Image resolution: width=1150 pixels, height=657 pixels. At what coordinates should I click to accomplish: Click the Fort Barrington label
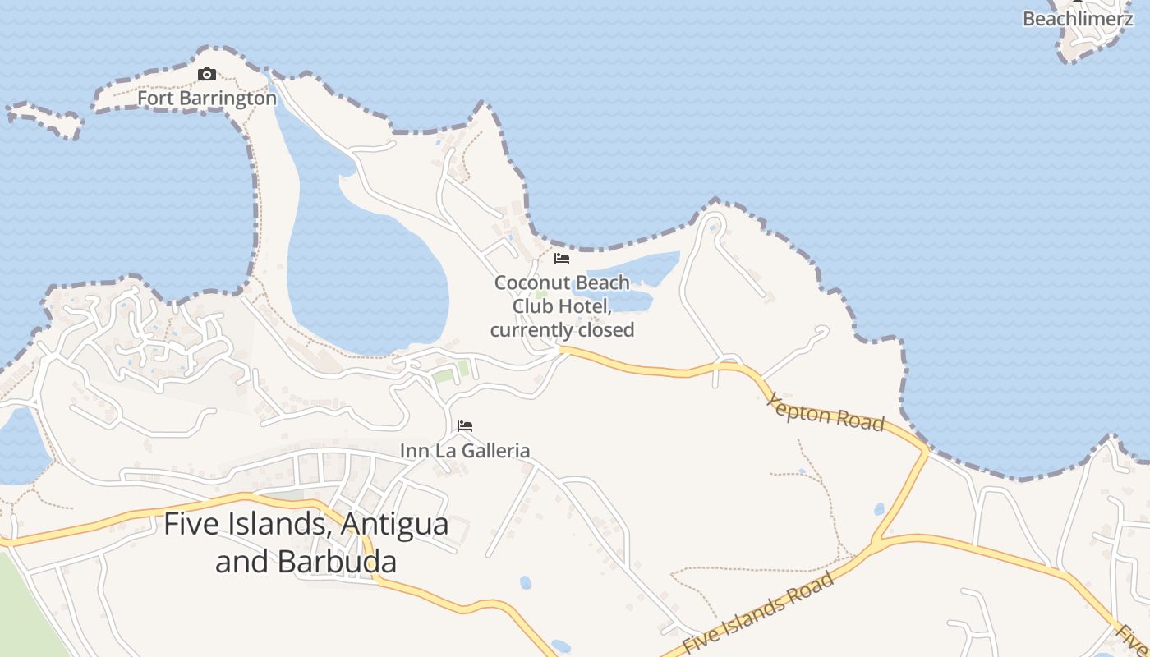coord(207,98)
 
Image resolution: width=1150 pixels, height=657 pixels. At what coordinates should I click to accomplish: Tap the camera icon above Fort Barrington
coord(207,75)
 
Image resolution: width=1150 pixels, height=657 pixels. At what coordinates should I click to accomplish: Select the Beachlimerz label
coord(1078,18)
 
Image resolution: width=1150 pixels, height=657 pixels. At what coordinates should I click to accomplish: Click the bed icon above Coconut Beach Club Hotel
coord(562,259)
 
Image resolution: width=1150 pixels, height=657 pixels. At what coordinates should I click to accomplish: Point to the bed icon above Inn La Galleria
coord(465,426)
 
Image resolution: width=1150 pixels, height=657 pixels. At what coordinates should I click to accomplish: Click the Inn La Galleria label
coord(465,450)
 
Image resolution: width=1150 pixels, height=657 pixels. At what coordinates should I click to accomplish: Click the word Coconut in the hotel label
coord(527,283)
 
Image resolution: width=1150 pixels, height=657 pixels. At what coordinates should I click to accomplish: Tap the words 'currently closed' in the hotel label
coord(563,330)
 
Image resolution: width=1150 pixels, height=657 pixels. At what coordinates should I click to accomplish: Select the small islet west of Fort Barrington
coord(45,120)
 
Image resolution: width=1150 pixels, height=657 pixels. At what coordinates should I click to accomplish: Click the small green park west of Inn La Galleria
coord(444,375)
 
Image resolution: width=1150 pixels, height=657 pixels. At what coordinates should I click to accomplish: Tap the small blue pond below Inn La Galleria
coord(526,582)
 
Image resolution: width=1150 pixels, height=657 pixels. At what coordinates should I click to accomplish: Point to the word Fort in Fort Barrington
coord(154,98)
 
